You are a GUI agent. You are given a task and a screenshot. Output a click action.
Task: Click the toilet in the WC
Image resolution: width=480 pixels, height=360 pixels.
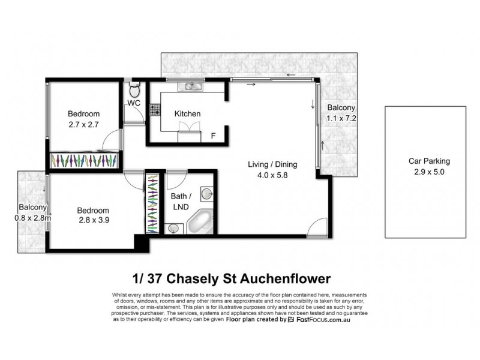134,91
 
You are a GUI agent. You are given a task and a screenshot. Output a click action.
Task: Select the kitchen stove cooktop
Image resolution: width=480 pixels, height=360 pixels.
155,109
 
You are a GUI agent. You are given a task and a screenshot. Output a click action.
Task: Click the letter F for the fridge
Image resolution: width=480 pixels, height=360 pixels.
213,136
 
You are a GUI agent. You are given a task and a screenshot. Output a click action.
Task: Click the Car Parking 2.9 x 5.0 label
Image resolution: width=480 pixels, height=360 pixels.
429,166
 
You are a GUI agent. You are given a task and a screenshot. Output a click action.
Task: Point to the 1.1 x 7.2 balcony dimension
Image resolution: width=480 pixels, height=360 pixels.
341,118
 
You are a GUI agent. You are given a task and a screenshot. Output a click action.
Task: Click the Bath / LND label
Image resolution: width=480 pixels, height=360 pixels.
182,202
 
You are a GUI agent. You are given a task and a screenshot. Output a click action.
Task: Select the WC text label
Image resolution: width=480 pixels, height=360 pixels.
133,104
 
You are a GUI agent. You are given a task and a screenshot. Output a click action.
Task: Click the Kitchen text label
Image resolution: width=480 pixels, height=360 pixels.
187,113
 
